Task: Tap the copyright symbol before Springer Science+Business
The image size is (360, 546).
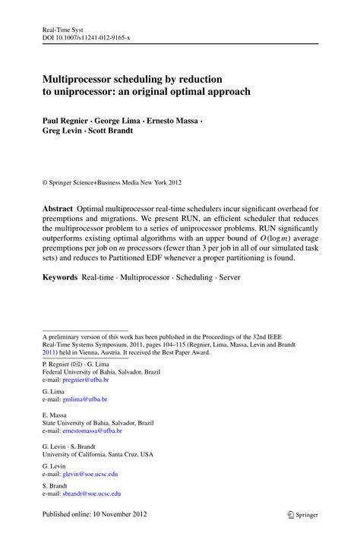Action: coord(45,182)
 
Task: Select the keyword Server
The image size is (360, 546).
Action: coord(229,277)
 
